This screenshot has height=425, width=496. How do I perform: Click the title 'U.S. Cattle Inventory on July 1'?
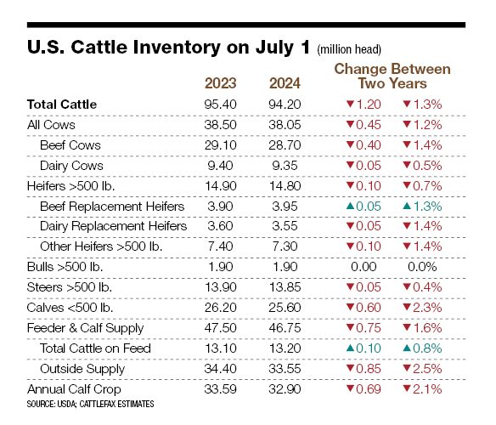(x=169, y=48)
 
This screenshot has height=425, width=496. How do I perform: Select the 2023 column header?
(x=221, y=84)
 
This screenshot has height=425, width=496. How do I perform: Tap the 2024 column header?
(x=285, y=84)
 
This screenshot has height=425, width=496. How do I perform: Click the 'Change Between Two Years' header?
(x=392, y=76)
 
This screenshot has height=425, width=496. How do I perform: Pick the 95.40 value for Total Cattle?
(x=221, y=105)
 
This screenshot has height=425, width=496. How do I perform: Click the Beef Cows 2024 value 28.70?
(x=285, y=145)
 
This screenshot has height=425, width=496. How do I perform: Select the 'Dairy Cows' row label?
(x=72, y=166)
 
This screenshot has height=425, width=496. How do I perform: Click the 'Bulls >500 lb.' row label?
(x=65, y=267)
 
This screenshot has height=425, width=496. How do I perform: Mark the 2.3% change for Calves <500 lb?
(x=428, y=308)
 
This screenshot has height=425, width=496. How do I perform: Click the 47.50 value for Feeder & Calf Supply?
(x=221, y=328)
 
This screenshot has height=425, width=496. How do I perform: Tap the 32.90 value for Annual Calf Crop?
(x=285, y=389)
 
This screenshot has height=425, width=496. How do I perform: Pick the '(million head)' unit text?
(x=348, y=50)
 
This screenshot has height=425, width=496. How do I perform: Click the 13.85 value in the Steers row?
(x=285, y=287)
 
